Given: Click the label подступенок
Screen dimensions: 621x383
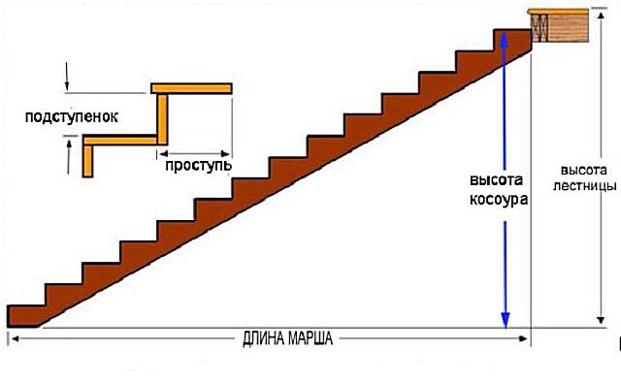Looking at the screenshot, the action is coord(72,116).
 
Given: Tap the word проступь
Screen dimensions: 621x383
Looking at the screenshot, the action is coord(198,165).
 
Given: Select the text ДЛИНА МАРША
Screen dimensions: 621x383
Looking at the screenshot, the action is coord(287,339).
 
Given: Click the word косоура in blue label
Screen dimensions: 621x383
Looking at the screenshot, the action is coord(499,199).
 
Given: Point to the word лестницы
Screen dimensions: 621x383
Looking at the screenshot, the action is coord(584,186).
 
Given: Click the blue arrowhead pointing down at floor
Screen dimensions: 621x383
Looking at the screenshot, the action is coord(506,321).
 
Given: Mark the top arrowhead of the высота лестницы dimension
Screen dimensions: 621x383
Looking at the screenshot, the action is coord(601,16).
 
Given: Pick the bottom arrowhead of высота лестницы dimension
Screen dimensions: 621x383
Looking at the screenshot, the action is coord(601,320).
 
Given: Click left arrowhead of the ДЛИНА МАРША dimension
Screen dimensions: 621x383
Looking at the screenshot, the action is coord(16,339).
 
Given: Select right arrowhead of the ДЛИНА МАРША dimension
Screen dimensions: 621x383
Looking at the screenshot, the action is coord(523,338).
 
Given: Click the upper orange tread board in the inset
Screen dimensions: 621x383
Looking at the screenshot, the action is coord(191,88).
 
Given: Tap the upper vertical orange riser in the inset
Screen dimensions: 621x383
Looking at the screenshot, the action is coord(162,119).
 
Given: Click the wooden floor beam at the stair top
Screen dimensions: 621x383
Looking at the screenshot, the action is coord(559,26).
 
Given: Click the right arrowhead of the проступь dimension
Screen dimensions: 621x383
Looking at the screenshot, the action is coord(225,153).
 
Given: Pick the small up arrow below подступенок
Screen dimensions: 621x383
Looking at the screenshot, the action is coord(69,157).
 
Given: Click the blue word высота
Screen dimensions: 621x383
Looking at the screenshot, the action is coord(496,180).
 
